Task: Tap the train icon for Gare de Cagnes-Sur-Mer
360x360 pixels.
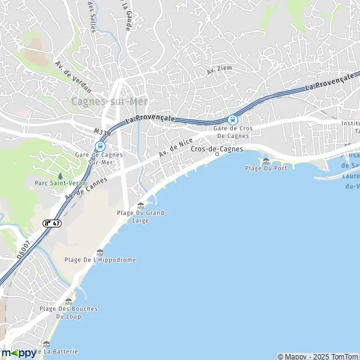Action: coord(100,145)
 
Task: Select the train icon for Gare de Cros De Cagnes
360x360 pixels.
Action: coord(232,119)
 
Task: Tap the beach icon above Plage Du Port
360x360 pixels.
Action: coord(266,160)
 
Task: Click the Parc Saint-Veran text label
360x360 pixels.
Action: coord(60,182)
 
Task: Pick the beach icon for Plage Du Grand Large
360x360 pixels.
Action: coord(140,205)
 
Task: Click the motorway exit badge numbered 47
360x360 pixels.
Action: coord(52,223)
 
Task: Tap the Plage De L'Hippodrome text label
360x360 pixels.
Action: coord(100,260)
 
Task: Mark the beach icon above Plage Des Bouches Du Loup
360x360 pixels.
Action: coord(68,301)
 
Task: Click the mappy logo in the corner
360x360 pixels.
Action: coord(18,353)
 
